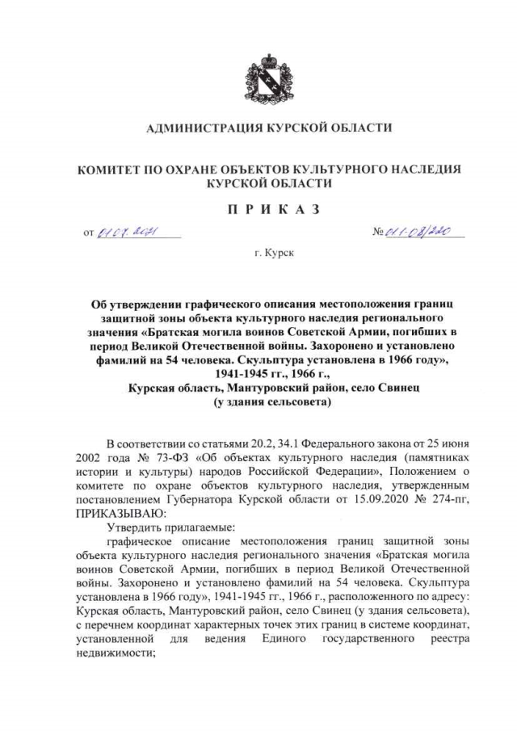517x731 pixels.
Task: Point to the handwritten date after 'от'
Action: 129,233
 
